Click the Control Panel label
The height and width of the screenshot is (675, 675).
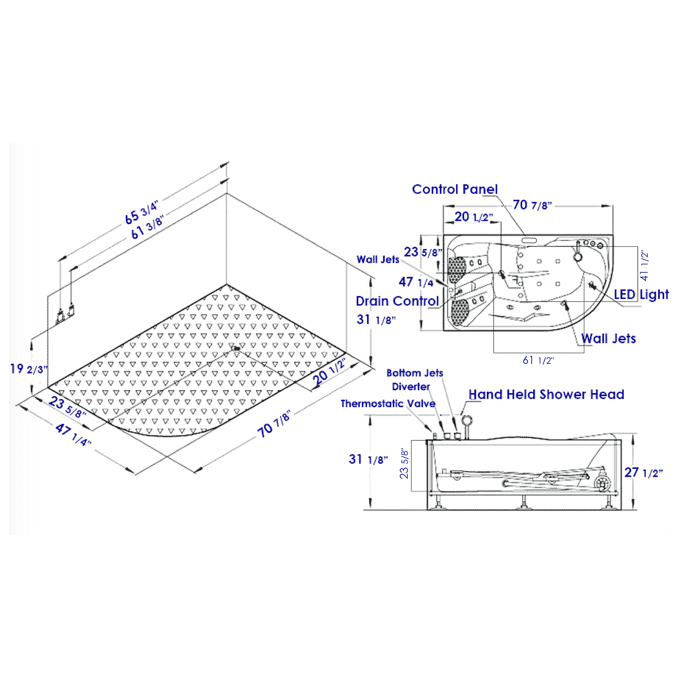click(x=454, y=189)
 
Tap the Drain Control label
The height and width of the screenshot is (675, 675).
click(x=397, y=301)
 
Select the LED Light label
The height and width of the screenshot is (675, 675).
click(x=641, y=294)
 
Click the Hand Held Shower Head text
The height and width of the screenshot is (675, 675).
click(x=546, y=394)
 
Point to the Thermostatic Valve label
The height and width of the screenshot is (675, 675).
click(x=388, y=404)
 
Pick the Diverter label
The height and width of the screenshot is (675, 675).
click(x=410, y=387)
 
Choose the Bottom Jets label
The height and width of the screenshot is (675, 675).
click(x=414, y=373)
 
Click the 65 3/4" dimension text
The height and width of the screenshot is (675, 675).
click(x=141, y=211)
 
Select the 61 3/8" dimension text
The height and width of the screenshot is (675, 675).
click(x=147, y=227)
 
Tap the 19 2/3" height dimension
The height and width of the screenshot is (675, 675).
click(x=29, y=369)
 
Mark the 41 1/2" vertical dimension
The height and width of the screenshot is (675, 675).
click(x=644, y=266)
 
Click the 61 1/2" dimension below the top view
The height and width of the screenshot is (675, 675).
click(x=538, y=360)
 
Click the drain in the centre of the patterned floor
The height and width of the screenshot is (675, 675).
click(x=236, y=348)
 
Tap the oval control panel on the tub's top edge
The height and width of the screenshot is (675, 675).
click(x=529, y=240)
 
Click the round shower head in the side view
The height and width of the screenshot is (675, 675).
click(x=467, y=420)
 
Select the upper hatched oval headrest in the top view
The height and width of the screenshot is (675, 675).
click(x=456, y=270)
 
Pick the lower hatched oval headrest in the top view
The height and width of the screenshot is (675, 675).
click(x=459, y=312)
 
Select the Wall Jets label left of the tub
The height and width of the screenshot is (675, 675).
click(x=378, y=259)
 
